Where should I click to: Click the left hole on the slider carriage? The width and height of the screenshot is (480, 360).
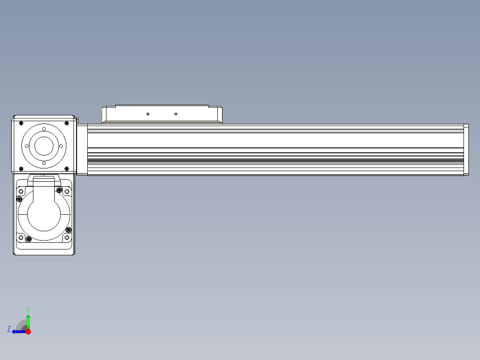pyautogui.click(x=148, y=114)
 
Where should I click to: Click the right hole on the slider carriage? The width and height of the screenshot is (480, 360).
pyautogui.click(x=176, y=114)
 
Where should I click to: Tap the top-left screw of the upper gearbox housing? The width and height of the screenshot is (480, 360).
pyautogui.click(x=21, y=123)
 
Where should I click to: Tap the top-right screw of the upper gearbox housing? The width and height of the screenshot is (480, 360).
pyautogui.click(x=67, y=123)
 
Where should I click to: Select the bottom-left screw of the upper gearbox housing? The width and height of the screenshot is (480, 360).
pyautogui.click(x=21, y=169)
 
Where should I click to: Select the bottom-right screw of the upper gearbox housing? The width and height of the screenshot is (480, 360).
pyautogui.click(x=67, y=169)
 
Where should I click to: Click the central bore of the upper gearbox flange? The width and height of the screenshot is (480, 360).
pyautogui.click(x=44, y=146)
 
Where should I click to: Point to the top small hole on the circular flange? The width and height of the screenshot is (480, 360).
pyautogui.click(x=44, y=129)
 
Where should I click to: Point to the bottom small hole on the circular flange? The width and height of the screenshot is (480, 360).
pyautogui.click(x=44, y=164)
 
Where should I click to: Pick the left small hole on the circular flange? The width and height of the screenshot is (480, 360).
pyautogui.click(x=27, y=146)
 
